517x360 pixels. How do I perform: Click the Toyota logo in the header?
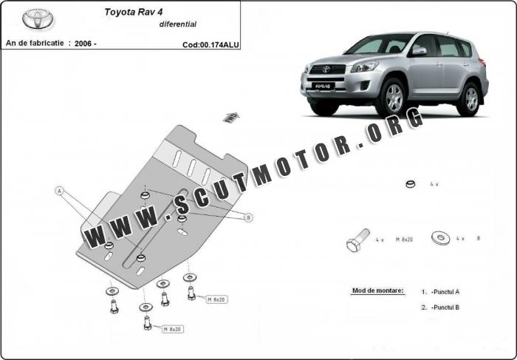coord(38,18)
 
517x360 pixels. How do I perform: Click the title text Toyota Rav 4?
coord(134,12)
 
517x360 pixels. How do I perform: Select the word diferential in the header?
coord(178,24)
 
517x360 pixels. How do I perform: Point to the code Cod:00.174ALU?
coord(210,45)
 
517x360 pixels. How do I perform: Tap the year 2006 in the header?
coord(83,43)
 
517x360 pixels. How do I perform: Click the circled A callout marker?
coord(59,191)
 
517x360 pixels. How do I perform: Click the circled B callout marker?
coord(249,217)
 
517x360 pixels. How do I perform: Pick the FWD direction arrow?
coord(231,118)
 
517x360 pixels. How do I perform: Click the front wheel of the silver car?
coord(394,98)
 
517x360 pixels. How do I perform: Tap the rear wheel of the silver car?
coord(471,99)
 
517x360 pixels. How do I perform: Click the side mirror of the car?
coord(419,51)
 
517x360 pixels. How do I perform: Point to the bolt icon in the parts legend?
coord(357,240)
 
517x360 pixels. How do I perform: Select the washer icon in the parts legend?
coord(440,237)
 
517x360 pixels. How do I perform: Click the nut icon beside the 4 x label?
coord(411,184)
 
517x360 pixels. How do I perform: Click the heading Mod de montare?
coord(378,291)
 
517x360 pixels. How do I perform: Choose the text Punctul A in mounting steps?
coord(445,292)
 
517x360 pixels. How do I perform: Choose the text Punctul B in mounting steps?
coord(445,308)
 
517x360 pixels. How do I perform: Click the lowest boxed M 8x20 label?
coord(173,329)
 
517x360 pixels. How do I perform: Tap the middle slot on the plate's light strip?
coord(191,168)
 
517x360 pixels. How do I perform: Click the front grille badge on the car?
coord(326,69)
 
